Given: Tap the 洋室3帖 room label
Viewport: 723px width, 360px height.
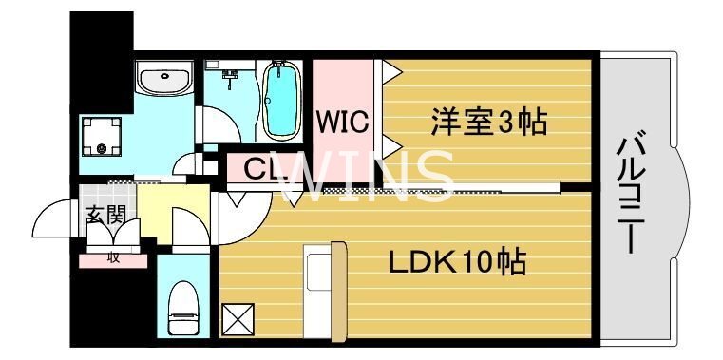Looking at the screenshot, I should [489, 123].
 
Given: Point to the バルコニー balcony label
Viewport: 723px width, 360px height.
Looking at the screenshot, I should [633, 195].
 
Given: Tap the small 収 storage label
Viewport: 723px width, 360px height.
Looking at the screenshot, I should [112, 256].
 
